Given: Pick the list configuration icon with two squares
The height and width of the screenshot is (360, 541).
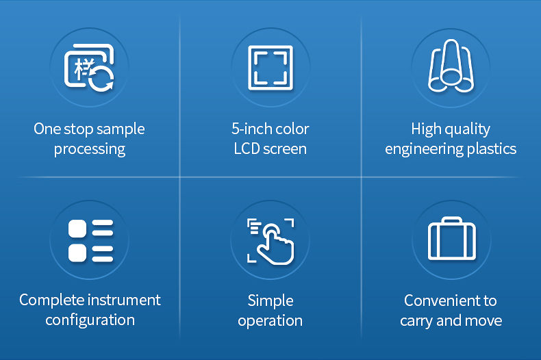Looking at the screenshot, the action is (x=91, y=240).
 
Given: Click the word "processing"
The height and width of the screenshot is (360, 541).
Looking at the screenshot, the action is (x=90, y=150).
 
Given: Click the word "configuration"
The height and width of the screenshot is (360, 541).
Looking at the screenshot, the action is (x=90, y=320).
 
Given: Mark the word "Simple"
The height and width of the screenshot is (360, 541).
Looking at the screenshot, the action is (x=270, y=301).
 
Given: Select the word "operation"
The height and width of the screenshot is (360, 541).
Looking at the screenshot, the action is (x=270, y=322).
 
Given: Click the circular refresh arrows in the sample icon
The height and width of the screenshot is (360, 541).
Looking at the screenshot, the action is (x=101, y=79).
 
